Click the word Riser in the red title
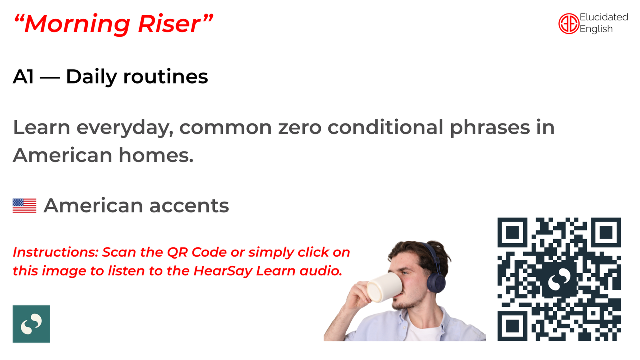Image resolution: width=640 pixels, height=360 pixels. [170, 24]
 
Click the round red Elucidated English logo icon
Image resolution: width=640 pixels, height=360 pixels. [569, 24]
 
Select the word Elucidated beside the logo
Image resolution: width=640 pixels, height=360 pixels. [604, 17]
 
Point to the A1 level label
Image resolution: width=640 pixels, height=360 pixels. [23, 76]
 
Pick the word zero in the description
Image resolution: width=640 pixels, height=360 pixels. [300, 127]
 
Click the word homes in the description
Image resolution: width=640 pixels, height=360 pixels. [156, 155]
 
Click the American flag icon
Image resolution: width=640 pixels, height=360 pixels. [24, 206]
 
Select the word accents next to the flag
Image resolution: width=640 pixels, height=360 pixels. [189, 206]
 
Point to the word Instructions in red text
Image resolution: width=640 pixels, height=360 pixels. [56, 252]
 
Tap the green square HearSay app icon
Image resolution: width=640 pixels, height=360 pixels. [31, 324]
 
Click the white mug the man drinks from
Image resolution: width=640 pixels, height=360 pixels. [384, 287]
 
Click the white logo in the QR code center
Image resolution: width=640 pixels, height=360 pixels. [559, 279]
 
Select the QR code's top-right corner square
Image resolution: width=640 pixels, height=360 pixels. [606, 232]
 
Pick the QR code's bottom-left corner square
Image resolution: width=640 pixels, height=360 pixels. [512, 326]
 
